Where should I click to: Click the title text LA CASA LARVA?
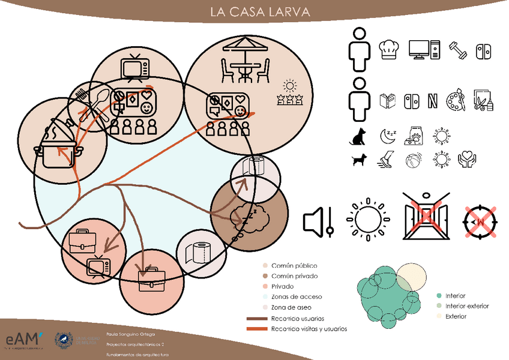[x=254, y=11]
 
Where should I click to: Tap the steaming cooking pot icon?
[x=58, y=144]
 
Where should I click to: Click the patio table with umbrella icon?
[x=247, y=59]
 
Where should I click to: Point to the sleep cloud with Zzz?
[x=247, y=216]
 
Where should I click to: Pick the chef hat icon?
[x=390, y=49]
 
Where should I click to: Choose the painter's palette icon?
[x=455, y=100]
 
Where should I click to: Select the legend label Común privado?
[x=295, y=276]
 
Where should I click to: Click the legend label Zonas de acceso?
[x=297, y=296]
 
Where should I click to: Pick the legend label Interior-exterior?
[x=467, y=306]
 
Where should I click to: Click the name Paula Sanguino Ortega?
[x=130, y=332]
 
